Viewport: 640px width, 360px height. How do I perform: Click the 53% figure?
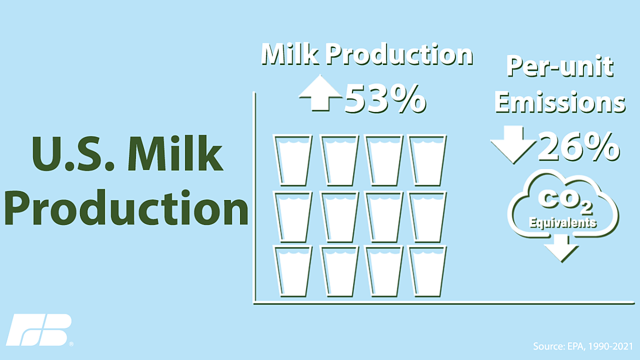click(386, 99)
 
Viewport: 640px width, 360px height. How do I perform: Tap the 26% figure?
click(579, 147)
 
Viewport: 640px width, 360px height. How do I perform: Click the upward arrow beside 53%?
click(321, 93)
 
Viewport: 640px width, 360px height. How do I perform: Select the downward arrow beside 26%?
click(514, 145)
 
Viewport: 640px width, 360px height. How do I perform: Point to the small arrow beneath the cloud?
click(562, 248)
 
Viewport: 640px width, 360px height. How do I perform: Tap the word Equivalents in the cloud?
click(563, 222)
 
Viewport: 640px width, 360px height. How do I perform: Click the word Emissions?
click(561, 102)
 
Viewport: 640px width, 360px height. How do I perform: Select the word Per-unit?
click(559, 67)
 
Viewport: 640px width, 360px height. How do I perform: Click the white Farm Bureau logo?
click(39, 330)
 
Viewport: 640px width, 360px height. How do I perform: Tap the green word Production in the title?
click(126, 207)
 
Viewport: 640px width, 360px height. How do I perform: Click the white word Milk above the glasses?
click(290, 54)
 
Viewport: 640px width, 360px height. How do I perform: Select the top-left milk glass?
click(293, 160)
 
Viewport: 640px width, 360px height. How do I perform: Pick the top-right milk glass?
click(427, 160)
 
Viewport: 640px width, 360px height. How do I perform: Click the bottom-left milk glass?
click(293, 271)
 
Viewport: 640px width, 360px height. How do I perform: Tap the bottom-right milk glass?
click(427, 271)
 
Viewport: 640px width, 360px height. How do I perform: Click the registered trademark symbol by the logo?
click(71, 344)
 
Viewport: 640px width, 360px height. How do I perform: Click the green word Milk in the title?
click(175, 154)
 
